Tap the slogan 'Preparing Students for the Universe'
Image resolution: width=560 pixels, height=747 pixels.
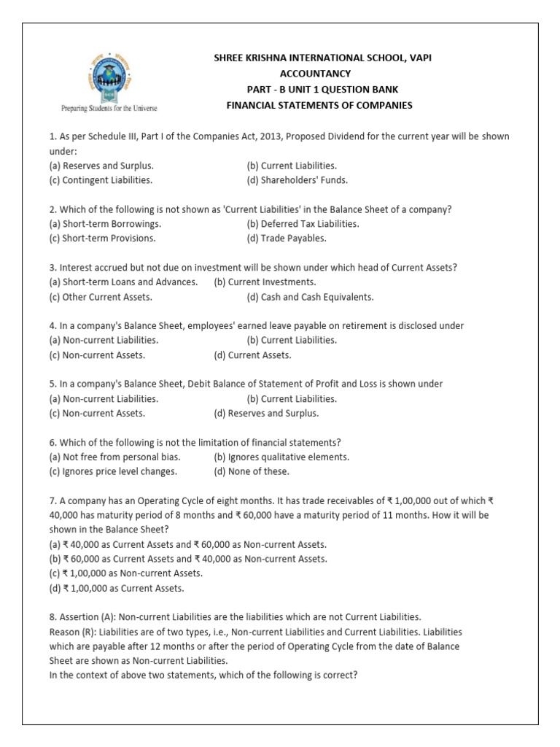click(x=108, y=108)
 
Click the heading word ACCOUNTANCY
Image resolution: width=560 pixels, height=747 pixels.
click(x=315, y=74)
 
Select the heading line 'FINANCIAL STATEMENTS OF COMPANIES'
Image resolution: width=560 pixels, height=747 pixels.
click(x=320, y=106)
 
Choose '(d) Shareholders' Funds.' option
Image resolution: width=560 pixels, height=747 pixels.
click(x=297, y=179)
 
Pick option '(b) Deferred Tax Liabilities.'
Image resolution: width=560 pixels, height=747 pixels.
click(x=303, y=224)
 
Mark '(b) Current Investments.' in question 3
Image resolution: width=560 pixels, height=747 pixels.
click(x=265, y=282)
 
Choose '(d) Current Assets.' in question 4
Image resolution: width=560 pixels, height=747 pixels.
click(x=252, y=355)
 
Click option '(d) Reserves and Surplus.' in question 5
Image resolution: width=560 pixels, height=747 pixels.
click(x=266, y=414)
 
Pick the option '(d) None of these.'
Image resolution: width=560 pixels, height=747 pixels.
click(x=252, y=471)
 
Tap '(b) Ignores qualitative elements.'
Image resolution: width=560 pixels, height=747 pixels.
click(x=281, y=457)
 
